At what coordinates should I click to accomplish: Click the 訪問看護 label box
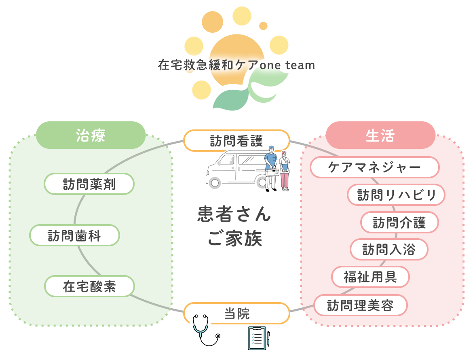pyautogui.click(x=236, y=140)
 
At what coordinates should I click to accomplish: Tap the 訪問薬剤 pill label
pyautogui.click(x=89, y=184)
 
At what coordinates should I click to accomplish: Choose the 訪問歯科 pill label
pyautogui.click(x=75, y=235)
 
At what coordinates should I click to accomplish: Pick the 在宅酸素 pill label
pyautogui.click(x=89, y=286)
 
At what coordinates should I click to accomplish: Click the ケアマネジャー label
pyautogui.click(x=374, y=167)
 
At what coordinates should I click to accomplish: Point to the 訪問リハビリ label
pyautogui.click(x=396, y=195)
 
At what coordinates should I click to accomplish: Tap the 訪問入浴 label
pyautogui.click(x=389, y=250)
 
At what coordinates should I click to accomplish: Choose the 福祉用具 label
pyautogui.click(x=370, y=277)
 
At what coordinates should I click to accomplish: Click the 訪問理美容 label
pyautogui.click(x=360, y=305)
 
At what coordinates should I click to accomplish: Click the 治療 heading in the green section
pyautogui.click(x=91, y=136)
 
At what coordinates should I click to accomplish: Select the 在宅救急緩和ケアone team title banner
pyautogui.click(x=236, y=65)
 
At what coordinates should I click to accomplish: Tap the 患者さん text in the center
pyautogui.click(x=234, y=214)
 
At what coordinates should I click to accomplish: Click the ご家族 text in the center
pyautogui.click(x=235, y=239)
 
